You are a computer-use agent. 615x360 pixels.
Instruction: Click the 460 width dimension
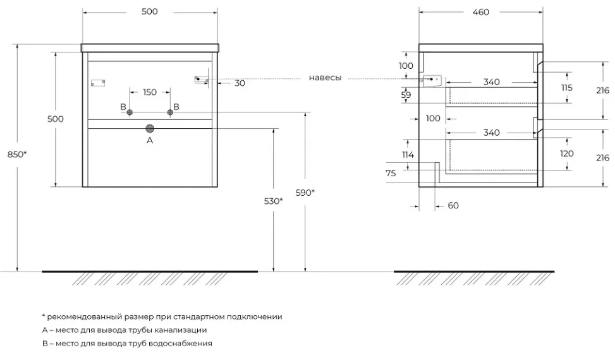[480, 12]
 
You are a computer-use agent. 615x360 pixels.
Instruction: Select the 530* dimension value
[273, 201]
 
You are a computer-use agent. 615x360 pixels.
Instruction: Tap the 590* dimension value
[305, 193]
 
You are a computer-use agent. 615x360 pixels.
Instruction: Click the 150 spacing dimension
[149, 92]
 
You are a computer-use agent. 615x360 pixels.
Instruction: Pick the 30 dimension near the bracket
[239, 82]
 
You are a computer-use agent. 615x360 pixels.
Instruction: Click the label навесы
[325, 78]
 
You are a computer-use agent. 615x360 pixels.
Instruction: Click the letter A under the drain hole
[150, 140]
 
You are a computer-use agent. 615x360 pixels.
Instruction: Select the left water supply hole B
[130, 112]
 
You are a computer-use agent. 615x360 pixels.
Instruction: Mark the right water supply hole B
[170, 112]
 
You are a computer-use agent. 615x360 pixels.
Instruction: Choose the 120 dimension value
[566, 153]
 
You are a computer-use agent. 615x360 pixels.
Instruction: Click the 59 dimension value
[406, 95]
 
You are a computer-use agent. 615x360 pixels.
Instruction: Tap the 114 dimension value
[408, 155]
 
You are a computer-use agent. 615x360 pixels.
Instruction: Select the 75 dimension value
[390, 173]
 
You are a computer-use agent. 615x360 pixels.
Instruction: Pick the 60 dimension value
[453, 205]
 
